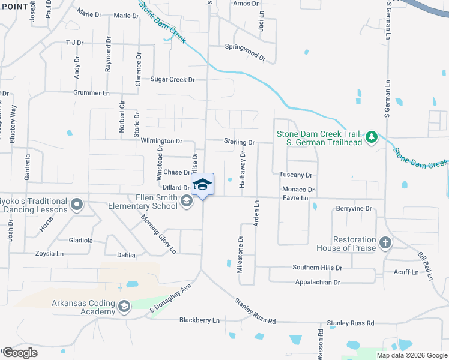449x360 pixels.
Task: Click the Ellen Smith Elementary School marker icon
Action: [187, 201]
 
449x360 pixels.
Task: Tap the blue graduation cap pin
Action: [202, 184]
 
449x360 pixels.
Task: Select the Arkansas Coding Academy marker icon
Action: [124, 307]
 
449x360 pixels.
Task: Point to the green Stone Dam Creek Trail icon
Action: [372, 137]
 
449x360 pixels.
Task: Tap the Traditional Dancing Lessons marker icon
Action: [76, 206]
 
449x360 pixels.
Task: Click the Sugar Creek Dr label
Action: [173, 79]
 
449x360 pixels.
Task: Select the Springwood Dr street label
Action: [245, 52]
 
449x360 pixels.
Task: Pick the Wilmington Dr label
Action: [162, 141]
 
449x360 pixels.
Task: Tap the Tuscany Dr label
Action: [296, 175]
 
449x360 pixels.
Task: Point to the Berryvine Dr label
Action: [354, 209]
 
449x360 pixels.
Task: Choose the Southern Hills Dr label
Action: [317, 268]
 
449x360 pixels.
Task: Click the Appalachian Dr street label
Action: [317, 282]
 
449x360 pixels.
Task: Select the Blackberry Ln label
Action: [199, 320]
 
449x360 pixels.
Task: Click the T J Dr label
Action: [74, 43]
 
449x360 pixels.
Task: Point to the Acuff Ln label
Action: [406, 272]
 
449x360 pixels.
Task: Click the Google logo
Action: [20, 353]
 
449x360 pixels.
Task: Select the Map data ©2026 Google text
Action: [411, 355]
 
